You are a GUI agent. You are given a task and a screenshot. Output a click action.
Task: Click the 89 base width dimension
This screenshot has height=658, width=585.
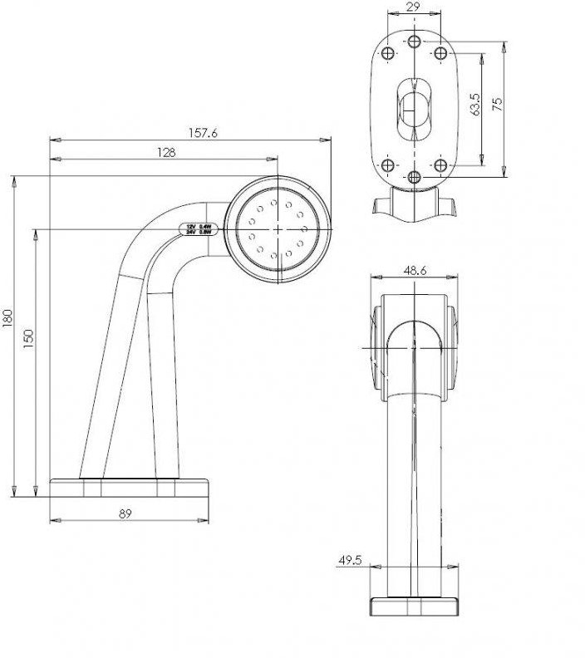click(x=125, y=513)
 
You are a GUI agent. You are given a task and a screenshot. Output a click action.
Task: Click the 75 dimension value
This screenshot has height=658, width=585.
click(x=497, y=105)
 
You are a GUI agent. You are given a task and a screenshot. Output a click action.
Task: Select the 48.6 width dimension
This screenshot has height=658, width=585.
click(x=415, y=271)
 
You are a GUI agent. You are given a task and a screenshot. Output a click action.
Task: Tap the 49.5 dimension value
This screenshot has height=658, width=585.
click(x=350, y=561)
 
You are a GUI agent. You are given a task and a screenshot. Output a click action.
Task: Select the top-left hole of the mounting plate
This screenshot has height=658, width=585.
click(x=388, y=53)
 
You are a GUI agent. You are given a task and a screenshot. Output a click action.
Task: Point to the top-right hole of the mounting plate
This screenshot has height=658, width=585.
click(x=441, y=53)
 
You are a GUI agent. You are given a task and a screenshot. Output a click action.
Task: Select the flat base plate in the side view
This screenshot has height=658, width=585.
click(x=128, y=488)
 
